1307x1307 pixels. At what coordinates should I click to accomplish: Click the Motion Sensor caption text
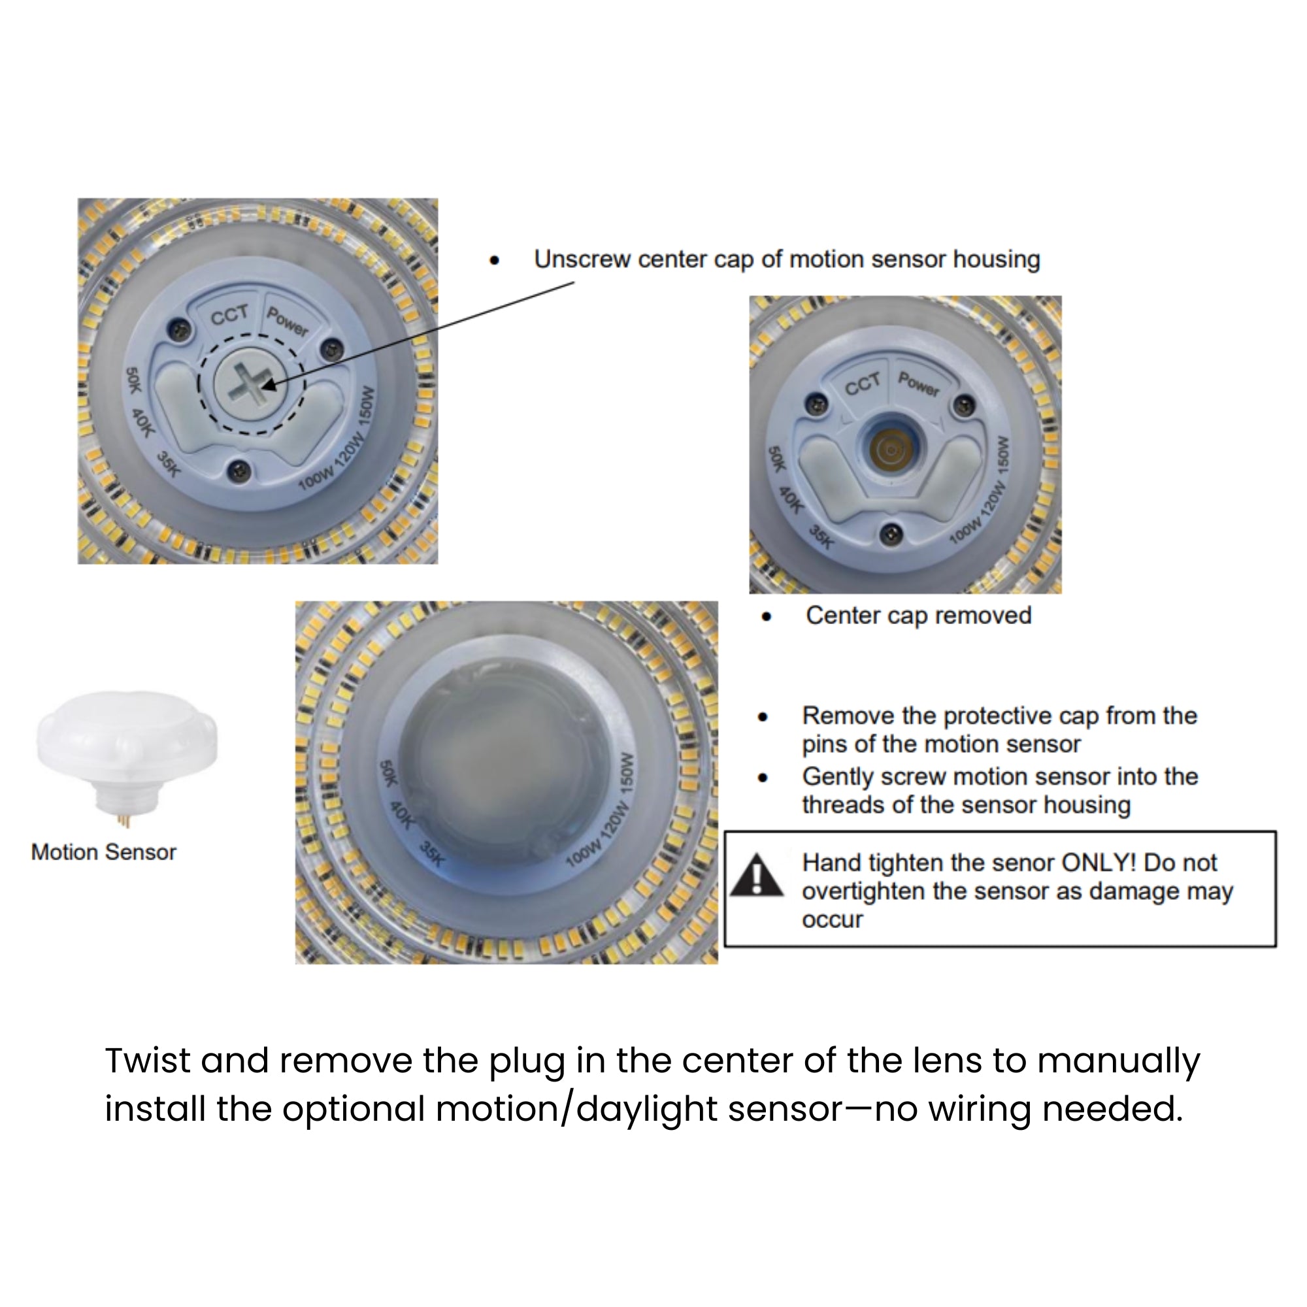pos(103,852)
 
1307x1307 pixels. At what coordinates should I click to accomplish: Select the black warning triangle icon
pos(757,875)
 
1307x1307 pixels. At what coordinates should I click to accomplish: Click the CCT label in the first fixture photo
pos(229,315)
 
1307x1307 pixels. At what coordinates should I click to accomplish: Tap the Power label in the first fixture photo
pos(288,321)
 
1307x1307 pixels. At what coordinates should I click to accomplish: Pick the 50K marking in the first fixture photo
pos(133,380)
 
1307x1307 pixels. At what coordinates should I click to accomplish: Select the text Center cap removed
pos(918,616)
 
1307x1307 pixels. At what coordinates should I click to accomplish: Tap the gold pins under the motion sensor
pos(126,821)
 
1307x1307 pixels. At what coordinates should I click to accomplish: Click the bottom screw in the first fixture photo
pos(239,469)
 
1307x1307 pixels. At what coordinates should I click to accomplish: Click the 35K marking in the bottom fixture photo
pos(431,853)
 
